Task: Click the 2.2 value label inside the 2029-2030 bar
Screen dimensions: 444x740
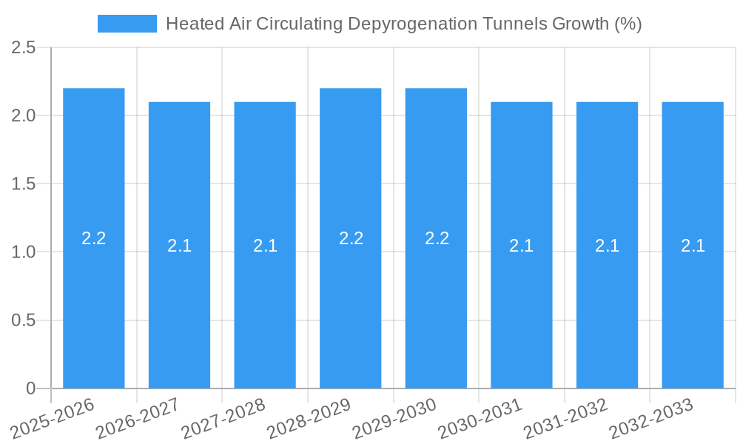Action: coord(437,238)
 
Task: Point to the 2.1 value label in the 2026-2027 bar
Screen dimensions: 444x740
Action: coord(179,246)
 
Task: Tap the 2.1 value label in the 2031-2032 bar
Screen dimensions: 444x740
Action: coord(607,246)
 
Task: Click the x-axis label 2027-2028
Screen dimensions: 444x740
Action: coord(223,418)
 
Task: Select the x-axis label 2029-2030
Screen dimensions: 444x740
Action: coord(394,418)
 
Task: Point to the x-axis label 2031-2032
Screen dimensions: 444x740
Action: coord(565,418)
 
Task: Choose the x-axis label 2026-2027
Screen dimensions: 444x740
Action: coord(138,418)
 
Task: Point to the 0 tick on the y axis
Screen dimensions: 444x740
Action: coord(30,388)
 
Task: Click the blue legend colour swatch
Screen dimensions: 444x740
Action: coord(127,24)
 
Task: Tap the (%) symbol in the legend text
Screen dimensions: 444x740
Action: coord(628,24)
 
